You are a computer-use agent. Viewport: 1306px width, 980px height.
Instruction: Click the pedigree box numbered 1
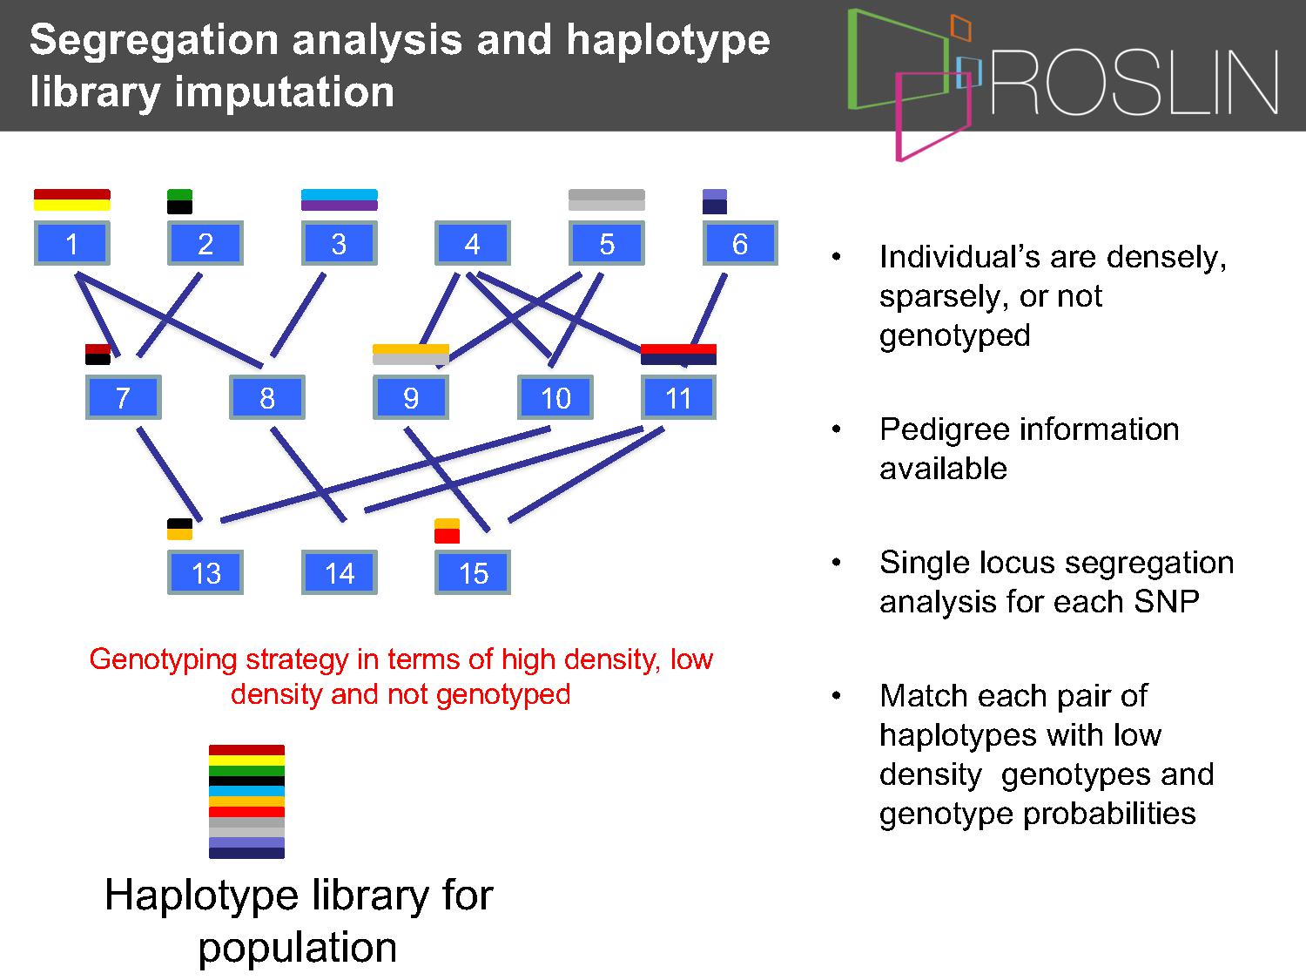coord(72,243)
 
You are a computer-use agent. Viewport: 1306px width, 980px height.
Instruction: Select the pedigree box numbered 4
coord(473,243)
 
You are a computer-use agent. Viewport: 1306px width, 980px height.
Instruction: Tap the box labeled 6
coord(740,243)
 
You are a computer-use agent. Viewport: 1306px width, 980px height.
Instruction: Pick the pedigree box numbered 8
coord(267,397)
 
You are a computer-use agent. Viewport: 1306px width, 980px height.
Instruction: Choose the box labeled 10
coord(555,397)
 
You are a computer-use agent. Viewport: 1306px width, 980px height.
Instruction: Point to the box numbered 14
coord(340,572)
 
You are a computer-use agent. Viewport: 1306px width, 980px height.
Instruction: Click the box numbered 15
coord(473,572)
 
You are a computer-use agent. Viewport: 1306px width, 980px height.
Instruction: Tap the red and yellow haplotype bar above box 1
coord(72,200)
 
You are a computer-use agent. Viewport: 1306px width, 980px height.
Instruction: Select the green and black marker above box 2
coord(179,201)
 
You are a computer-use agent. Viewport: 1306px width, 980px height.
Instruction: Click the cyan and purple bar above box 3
coord(340,200)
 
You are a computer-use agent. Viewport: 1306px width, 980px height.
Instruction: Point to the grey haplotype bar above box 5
coord(606,200)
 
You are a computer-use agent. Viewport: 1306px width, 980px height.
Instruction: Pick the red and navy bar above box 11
coord(678,354)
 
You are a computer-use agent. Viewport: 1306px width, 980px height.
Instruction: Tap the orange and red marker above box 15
coord(447,531)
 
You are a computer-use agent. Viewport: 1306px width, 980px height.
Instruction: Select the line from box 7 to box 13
coord(170,474)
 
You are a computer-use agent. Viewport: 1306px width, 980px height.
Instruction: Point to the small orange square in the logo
coord(960,28)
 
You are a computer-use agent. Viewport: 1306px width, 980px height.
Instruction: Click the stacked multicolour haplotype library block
coord(246,801)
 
